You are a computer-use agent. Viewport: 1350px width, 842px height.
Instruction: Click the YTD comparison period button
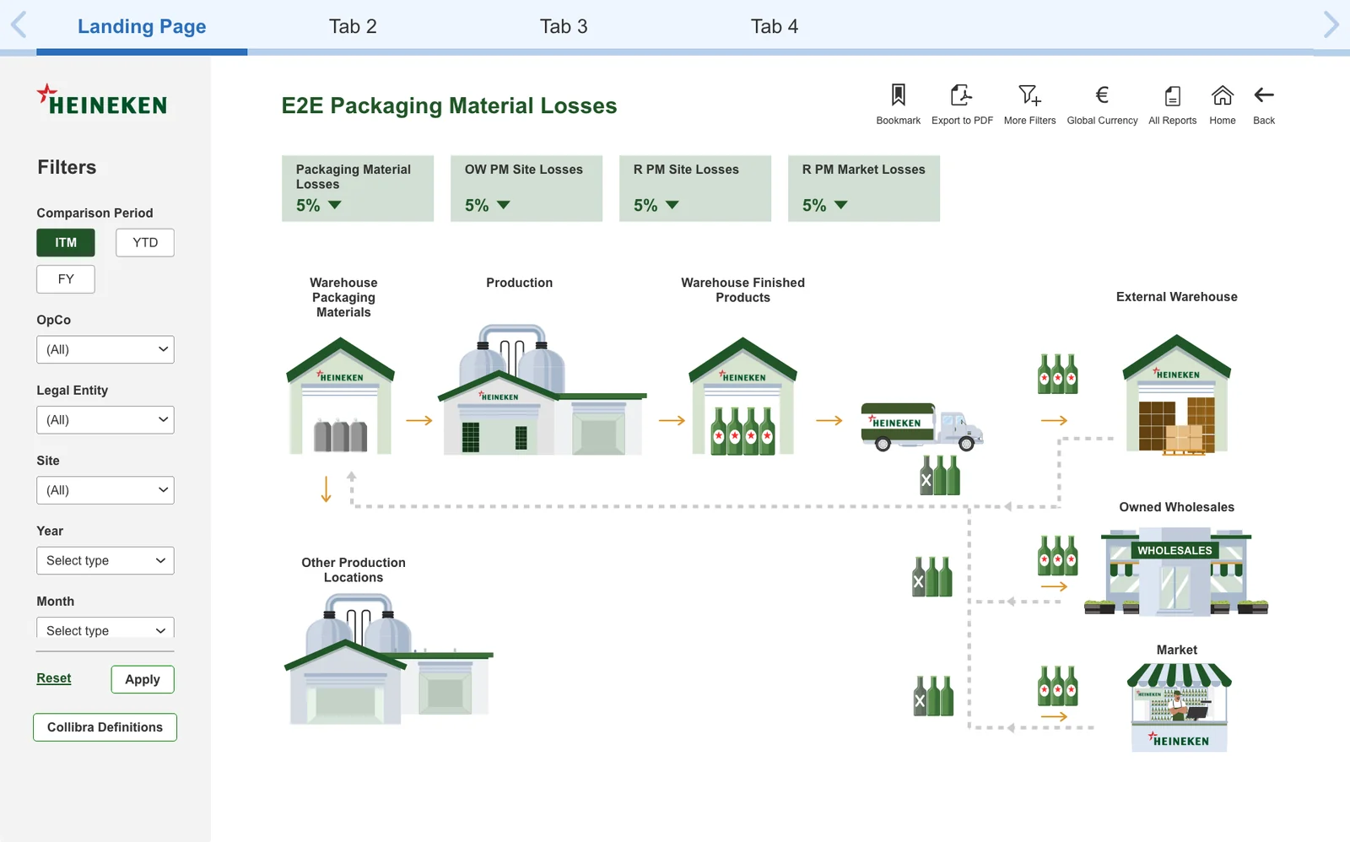coord(144,242)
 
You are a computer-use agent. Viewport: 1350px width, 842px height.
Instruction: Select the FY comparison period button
coord(66,279)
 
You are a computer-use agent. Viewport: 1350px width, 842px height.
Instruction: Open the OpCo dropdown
coord(105,349)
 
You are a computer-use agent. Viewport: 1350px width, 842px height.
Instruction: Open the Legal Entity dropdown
coord(105,420)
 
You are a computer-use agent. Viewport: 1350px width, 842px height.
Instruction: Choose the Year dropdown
coord(105,560)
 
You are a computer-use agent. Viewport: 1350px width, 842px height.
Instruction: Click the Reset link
coord(54,678)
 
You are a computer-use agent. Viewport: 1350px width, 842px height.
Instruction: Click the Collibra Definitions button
coord(105,727)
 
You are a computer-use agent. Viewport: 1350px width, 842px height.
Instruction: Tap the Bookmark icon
coord(898,94)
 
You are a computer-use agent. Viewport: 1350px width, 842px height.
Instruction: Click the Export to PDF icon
coord(962,94)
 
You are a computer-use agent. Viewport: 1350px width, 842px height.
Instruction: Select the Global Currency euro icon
coord(1102,94)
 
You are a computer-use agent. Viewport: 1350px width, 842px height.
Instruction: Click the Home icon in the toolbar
coord(1223,94)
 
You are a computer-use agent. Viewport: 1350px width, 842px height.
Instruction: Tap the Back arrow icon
coord(1264,94)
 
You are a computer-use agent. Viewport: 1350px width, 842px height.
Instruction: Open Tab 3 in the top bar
coord(564,26)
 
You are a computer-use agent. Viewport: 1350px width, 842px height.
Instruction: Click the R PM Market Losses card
coord(864,188)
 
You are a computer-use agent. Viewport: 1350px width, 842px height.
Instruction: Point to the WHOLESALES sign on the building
coord(1174,550)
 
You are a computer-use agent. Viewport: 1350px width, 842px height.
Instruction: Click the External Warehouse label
coord(1176,296)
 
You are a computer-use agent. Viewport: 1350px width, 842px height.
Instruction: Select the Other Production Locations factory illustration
coord(389,659)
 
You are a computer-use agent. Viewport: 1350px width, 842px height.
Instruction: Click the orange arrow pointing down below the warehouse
coord(326,488)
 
